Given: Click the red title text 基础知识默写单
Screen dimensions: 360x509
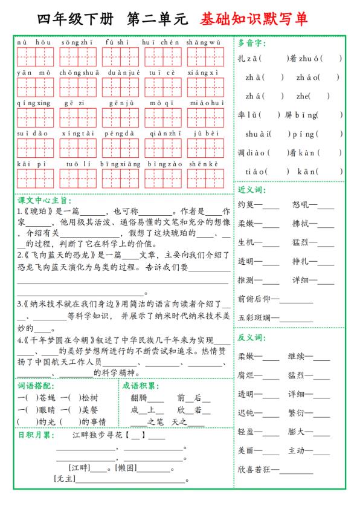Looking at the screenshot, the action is click(x=256, y=19).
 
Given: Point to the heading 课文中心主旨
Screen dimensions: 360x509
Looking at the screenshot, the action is click(x=44, y=200).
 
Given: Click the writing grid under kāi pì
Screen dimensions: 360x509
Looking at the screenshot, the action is click(x=35, y=178).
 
